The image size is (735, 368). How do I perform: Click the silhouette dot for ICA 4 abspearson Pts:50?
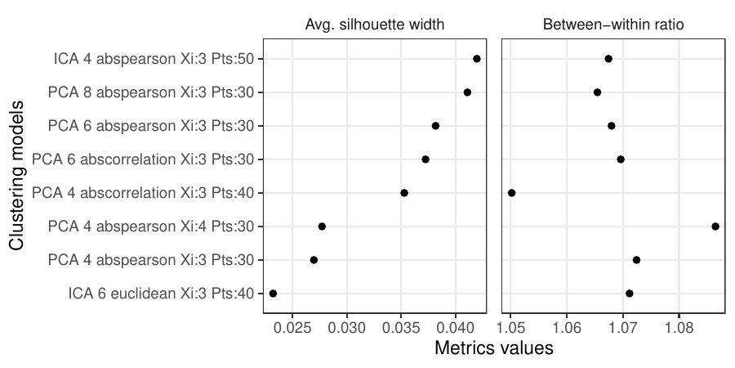tap(477, 59)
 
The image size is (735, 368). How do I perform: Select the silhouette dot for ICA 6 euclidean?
tap(273, 294)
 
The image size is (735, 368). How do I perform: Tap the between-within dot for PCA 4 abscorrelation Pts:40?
tap(511, 193)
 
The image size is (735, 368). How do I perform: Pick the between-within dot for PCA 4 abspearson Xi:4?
tap(715, 227)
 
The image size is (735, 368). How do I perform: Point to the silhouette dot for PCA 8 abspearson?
tap(467, 92)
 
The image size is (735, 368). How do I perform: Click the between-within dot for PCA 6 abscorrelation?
tap(621, 159)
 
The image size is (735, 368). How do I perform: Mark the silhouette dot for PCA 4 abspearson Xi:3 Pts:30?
tap(314, 260)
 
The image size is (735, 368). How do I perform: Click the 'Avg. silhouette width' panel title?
tap(380, 25)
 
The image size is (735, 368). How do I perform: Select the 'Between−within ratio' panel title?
tap(613, 25)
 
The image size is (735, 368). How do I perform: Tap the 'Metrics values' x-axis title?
tap(494, 348)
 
